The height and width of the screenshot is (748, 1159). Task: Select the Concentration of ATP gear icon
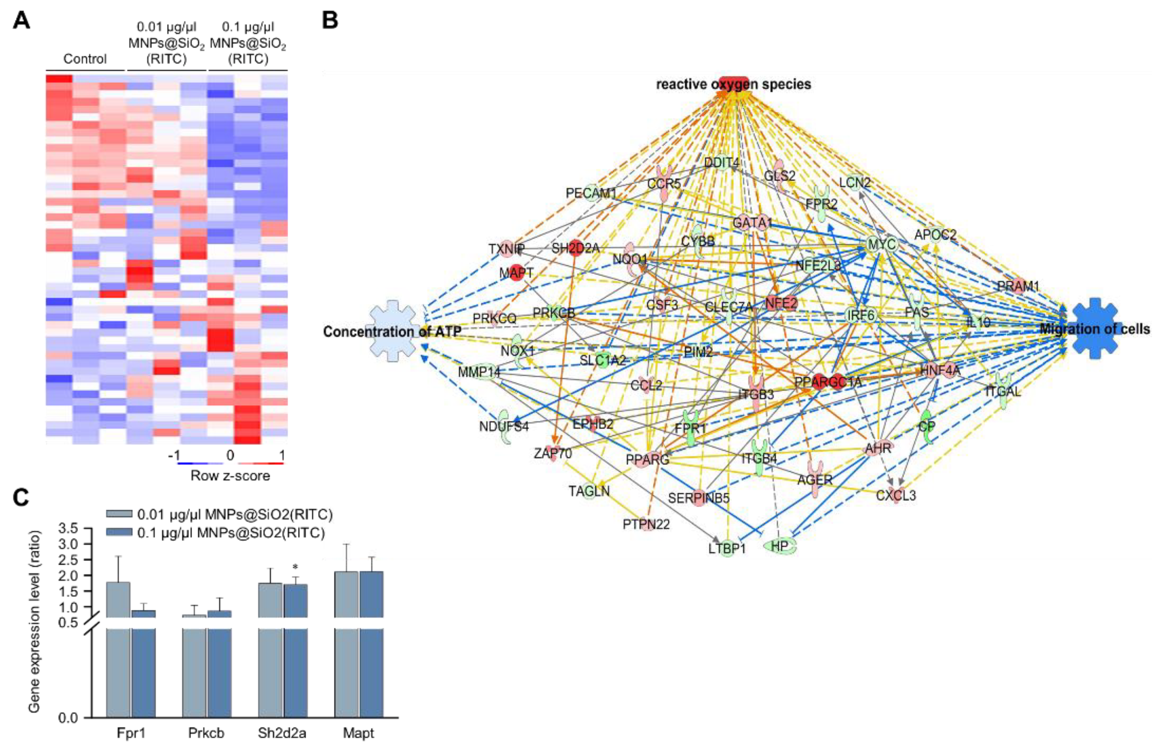pos(393,331)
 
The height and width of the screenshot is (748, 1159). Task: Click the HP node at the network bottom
pos(779,546)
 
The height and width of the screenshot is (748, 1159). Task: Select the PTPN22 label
pos(646,524)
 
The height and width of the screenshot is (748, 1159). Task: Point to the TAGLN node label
pos(589,491)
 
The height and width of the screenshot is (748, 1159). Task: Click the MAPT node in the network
pos(516,273)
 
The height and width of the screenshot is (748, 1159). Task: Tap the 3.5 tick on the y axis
pos(68,528)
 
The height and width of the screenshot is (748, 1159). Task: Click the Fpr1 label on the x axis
pos(131,733)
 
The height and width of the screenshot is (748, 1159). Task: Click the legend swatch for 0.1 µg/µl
pos(119,533)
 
